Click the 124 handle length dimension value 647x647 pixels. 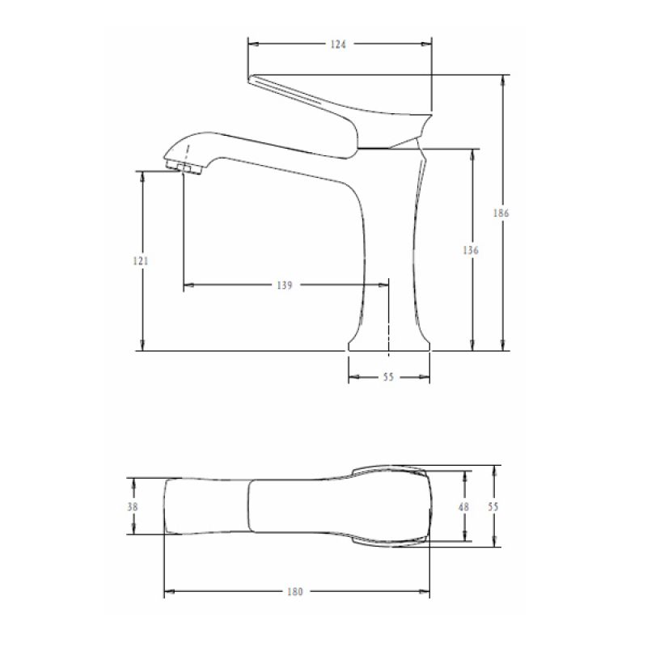pos(338,44)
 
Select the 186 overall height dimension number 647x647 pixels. pos(500,214)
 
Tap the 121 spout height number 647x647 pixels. pos(140,261)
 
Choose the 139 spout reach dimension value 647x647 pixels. pos(283,285)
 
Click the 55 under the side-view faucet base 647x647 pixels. pos(387,378)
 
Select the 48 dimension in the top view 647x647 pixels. pos(463,506)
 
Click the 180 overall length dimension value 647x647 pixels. pos(295,592)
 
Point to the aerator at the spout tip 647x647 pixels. pos(184,167)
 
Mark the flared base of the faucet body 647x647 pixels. pos(389,340)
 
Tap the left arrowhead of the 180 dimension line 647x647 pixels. pos(169,592)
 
